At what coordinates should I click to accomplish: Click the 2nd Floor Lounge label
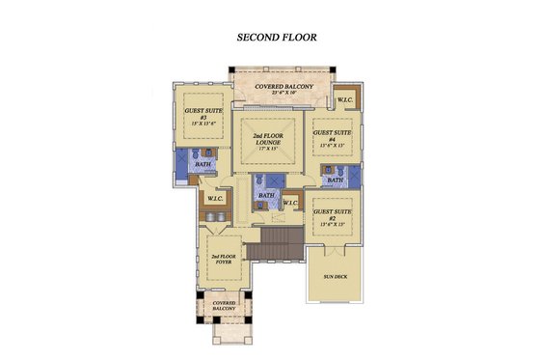coord(273,139)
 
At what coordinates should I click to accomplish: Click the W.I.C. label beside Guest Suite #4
coord(344,100)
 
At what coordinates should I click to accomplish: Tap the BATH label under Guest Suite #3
coord(203,165)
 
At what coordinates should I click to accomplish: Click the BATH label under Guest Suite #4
coord(335,180)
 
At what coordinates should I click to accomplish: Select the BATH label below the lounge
coord(266,194)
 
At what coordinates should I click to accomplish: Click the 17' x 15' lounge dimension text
coord(273,150)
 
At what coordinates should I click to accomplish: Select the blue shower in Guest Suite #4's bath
coord(353,176)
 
